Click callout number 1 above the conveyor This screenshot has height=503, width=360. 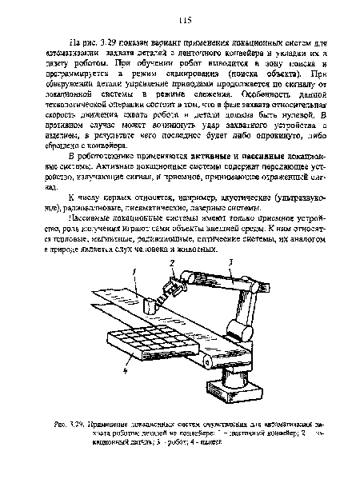pyautogui.click(x=137, y=272)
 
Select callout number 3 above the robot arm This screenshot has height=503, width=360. pyautogui.click(x=230, y=261)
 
